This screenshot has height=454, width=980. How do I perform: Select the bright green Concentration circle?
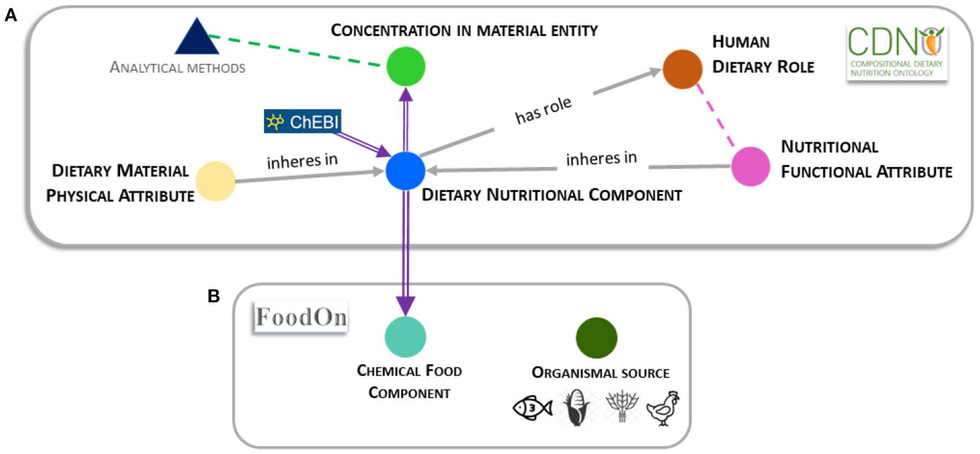pyautogui.click(x=406, y=67)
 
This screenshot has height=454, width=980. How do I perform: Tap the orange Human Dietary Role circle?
pyautogui.click(x=682, y=70)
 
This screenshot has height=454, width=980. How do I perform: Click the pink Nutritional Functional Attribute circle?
pyautogui.click(x=750, y=166)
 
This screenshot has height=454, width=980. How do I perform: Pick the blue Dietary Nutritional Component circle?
pyautogui.click(x=405, y=171)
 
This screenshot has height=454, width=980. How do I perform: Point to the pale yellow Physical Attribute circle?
pyautogui.click(x=216, y=181)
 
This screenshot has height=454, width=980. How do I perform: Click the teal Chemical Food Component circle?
pyautogui.click(x=405, y=337)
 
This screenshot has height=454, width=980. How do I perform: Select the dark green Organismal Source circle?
pyautogui.click(x=596, y=337)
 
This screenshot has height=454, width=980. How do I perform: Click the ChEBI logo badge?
pyautogui.click(x=303, y=122)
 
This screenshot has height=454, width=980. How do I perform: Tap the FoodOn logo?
pyautogui.click(x=301, y=317)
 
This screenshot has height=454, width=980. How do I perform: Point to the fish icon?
pyautogui.click(x=532, y=408)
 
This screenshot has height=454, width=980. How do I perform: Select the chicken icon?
pyautogui.click(x=663, y=408)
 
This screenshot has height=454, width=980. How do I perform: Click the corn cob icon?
pyautogui.click(x=576, y=408)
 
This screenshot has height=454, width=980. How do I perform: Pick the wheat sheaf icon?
pyautogui.click(x=622, y=406)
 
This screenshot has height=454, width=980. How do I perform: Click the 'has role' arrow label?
pyautogui.click(x=543, y=110)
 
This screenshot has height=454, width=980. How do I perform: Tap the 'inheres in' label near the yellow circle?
pyautogui.click(x=302, y=161)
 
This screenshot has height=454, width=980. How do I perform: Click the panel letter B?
pyautogui.click(x=213, y=297)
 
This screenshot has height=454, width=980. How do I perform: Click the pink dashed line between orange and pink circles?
pyautogui.click(x=715, y=116)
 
